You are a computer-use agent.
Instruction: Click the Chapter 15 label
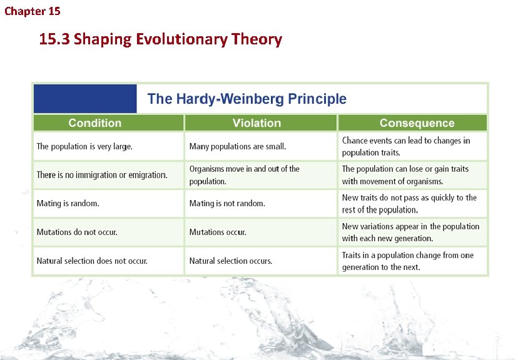[x=32, y=11]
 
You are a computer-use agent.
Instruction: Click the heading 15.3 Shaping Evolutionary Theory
[x=160, y=39]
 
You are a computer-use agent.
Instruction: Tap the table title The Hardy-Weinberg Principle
[x=246, y=99]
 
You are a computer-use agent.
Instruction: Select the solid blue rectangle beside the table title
[x=84, y=99]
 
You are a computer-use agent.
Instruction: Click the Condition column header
[x=95, y=123]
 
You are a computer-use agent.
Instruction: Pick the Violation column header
[x=256, y=123]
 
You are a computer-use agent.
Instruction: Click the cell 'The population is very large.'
[x=84, y=146]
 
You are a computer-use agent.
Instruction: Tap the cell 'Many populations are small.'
[x=237, y=146]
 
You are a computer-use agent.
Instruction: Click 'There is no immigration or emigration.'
[x=102, y=175]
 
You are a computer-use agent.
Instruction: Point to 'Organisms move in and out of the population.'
[x=244, y=175]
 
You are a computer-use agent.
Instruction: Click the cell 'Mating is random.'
[x=68, y=204]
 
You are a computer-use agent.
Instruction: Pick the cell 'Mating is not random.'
[x=227, y=204]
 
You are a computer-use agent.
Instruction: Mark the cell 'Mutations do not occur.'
[x=77, y=232]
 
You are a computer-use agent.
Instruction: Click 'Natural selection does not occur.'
[x=92, y=261]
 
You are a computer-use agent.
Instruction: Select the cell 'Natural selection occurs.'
[x=231, y=261]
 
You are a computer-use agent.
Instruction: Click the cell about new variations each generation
[x=410, y=232]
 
